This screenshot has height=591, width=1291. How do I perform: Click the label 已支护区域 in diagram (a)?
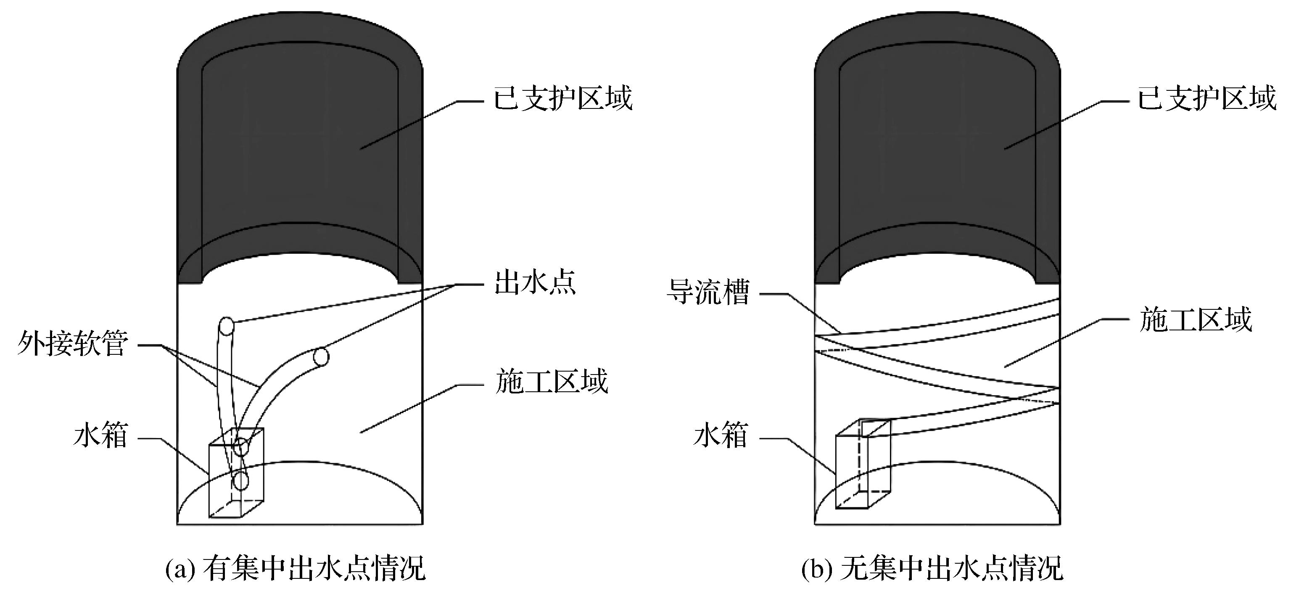click(563, 99)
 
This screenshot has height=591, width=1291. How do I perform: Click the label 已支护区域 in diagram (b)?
click(1207, 99)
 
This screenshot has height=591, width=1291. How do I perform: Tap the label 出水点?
click(535, 283)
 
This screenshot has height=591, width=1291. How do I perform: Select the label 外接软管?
click(73, 344)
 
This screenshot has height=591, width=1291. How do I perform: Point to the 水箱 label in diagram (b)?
click(721, 435)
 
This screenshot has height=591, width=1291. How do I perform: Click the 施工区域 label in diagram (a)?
click(551, 382)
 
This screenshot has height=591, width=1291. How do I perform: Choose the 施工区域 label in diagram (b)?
click(1195, 319)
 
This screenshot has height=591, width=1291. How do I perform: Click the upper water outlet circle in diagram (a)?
click(227, 326)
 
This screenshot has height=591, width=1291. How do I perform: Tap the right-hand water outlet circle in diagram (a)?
click(321, 357)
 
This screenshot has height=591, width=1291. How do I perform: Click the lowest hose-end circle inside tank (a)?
click(241, 481)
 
